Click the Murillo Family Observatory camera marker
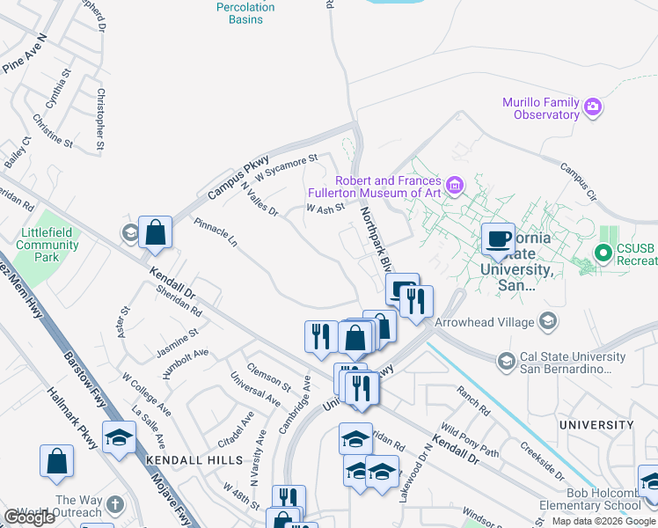(593, 107)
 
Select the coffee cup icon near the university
(498, 239)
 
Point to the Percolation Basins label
(245, 13)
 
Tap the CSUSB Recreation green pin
(603, 254)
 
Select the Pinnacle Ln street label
(216, 231)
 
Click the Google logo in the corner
(29, 517)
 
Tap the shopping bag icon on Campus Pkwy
(155, 233)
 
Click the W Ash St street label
(324, 209)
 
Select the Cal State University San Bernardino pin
(506, 361)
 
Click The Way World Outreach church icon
(115, 506)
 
